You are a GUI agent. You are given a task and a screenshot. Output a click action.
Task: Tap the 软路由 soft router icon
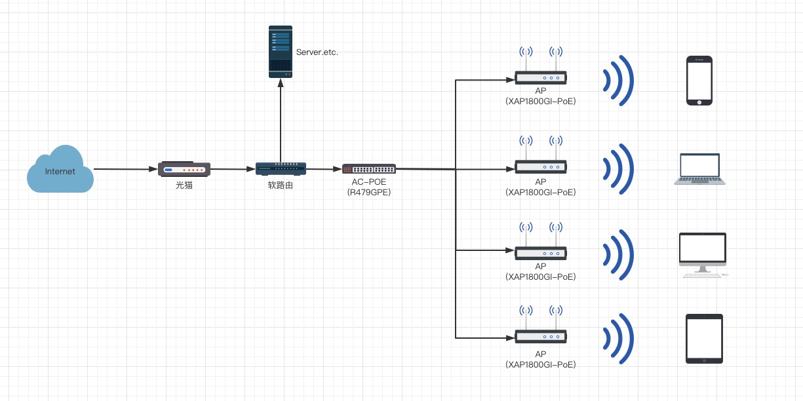point(281,169)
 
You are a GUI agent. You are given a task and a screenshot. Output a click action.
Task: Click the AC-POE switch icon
point(369,169)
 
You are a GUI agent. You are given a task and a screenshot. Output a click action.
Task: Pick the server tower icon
point(281,52)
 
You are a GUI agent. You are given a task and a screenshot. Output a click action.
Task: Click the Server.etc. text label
point(317,52)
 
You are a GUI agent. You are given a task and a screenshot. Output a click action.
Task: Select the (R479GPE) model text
point(369,193)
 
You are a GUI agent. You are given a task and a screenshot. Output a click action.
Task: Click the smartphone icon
point(699,81)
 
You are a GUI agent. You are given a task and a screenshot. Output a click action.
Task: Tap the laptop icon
point(700,169)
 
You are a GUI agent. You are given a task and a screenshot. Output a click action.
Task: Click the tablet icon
point(704,339)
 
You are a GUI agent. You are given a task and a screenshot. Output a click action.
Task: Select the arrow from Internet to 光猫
point(125,169)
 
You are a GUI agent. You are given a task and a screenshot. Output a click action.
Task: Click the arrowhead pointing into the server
point(281,83)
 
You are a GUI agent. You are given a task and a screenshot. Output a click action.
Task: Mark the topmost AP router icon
point(541,77)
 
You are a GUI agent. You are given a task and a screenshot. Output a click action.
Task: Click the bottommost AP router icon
point(541,336)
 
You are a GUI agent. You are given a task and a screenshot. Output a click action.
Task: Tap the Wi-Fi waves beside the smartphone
point(619,81)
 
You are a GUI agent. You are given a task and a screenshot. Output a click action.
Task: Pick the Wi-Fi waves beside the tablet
point(619,339)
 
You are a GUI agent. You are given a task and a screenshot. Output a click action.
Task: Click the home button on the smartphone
point(699,102)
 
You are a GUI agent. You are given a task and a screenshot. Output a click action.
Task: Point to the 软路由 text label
point(281,186)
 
